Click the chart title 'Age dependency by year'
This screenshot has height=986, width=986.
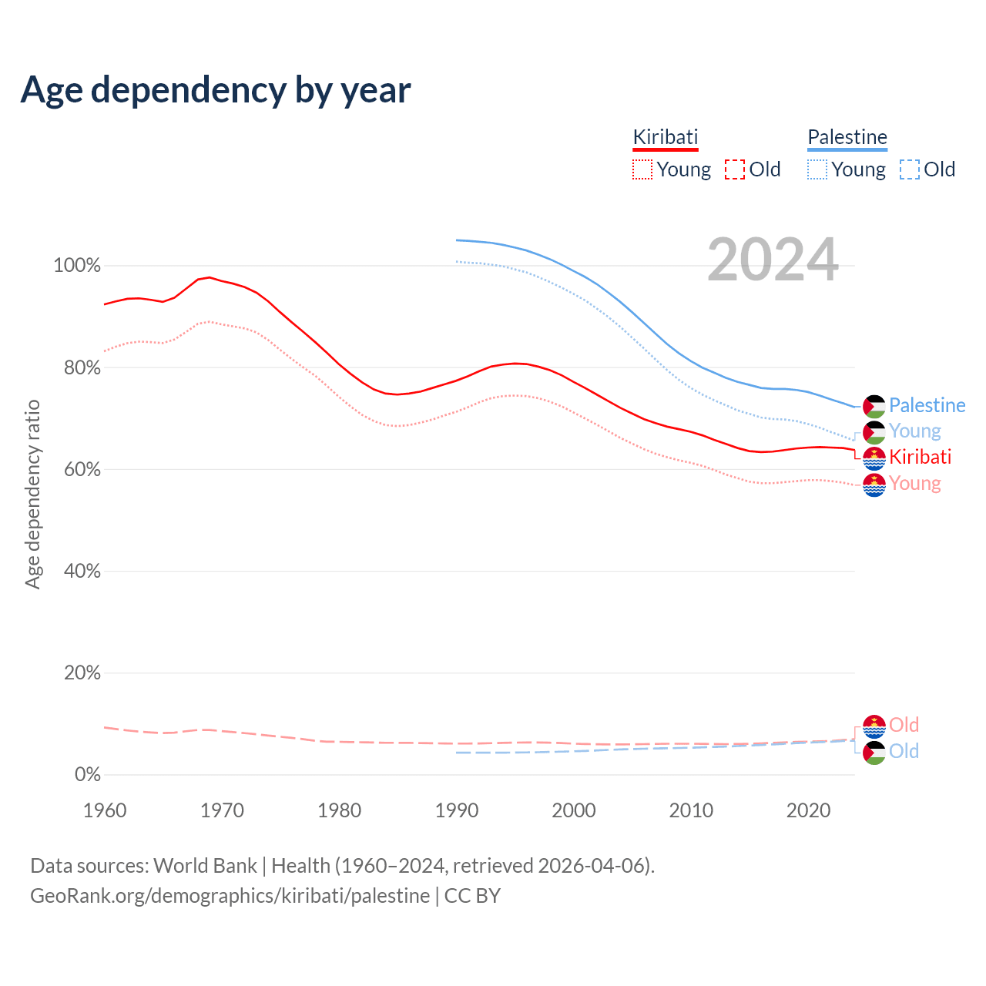(x=216, y=90)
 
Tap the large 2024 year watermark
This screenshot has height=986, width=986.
(x=773, y=260)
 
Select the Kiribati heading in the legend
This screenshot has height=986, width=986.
(x=666, y=137)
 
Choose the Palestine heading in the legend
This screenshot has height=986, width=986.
(x=847, y=137)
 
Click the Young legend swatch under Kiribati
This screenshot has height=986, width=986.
(x=642, y=169)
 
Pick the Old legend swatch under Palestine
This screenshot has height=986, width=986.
(x=910, y=169)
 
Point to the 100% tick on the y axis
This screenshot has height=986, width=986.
(x=77, y=266)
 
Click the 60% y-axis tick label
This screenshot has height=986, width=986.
(x=82, y=469)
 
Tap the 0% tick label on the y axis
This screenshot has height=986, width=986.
(x=88, y=774)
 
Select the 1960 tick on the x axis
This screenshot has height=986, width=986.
(x=105, y=810)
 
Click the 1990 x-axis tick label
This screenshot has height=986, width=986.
(x=457, y=810)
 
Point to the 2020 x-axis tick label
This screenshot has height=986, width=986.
(x=808, y=810)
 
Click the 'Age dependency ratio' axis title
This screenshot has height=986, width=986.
(x=32, y=494)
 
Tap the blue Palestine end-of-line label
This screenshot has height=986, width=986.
(x=927, y=405)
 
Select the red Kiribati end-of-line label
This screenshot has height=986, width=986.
(x=920, y=457)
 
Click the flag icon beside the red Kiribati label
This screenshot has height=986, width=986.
(x=874, y=458)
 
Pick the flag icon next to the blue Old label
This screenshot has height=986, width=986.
(x=874, y=753)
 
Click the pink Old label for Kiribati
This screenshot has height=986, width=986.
(x=904, y=725)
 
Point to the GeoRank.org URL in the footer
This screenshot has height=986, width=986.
(x=230, y=896)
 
